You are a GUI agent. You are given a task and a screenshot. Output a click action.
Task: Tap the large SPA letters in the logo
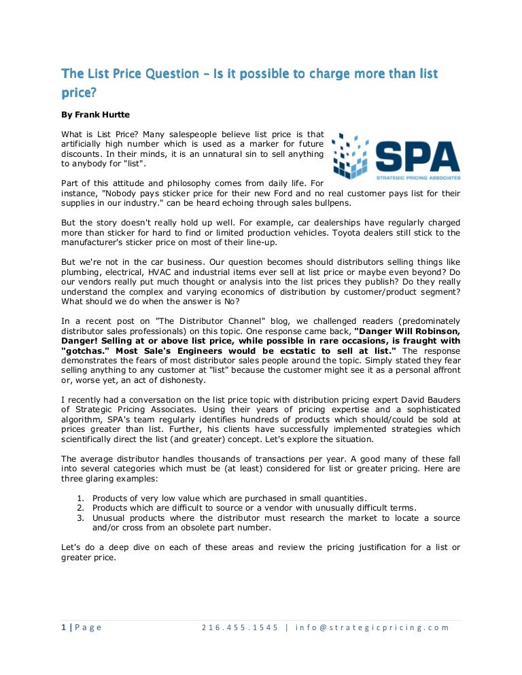[x=417, y=156]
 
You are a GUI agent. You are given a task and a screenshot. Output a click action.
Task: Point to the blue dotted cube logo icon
[x=351, y=154]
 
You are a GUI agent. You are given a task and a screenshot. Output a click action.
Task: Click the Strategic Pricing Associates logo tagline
[x=418, y=178]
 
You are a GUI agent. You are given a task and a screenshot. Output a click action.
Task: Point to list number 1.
[x=80, y=498]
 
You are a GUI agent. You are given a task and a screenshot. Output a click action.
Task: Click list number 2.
[x=80, y=507]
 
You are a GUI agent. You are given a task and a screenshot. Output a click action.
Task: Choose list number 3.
[x=80, y=517]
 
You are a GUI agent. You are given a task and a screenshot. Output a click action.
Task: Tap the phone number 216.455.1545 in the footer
[x=240, y=627]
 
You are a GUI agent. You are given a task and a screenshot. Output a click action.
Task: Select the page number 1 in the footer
[x=63, y=627]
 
